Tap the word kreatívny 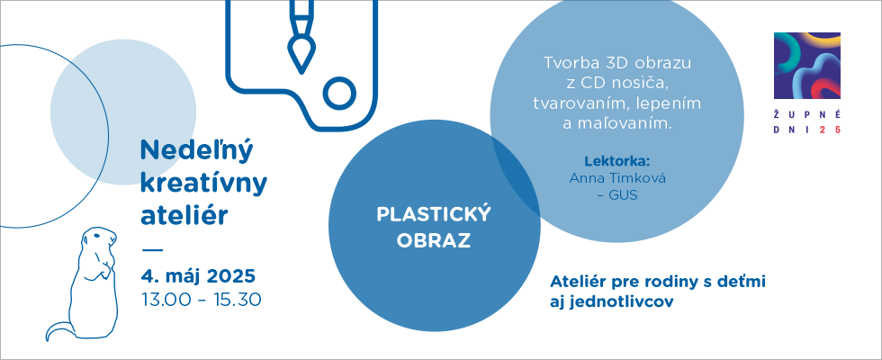pos(203,184)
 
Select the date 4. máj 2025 pos(198,277)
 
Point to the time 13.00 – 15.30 pos(202,300)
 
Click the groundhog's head pos(99,239)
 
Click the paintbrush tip pos(301,55)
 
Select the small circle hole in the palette pos(340,94)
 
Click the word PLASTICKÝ pos(434,214)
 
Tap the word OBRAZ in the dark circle pos(434,241)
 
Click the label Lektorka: pos(617,161)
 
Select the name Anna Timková pos(617,178)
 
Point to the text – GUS pos(617,196)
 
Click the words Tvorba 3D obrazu pos(617,63)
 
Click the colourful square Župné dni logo pos(807,65)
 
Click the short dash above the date pos(152,248)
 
